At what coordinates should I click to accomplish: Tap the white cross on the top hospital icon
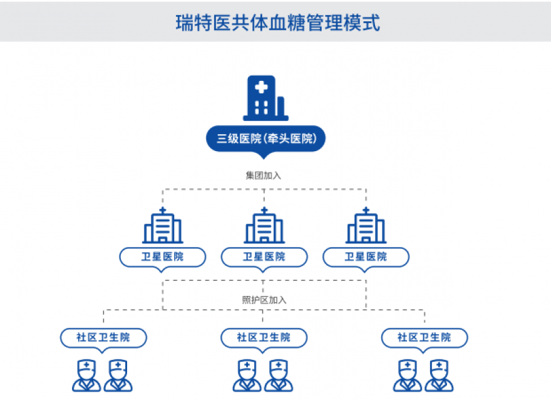tap(259, 88)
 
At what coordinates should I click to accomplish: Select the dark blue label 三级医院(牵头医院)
tap(265, 139)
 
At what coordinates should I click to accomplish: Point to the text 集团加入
tap(264, 176)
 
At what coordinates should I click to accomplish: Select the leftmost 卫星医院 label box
tap(163, 256)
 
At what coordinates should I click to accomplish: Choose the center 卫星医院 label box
tap(264, 256)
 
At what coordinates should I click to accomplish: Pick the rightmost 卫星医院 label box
tap(366, 256)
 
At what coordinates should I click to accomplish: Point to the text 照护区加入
tap(264, 300)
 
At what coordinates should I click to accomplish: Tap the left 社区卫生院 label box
tap(104, 337)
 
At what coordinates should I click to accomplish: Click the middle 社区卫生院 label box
tap(264, 337)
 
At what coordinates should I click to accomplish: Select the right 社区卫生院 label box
tap(425, 337)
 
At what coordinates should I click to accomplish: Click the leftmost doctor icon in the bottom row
tap(86, 376)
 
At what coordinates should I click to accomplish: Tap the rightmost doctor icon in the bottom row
tap(440, 376)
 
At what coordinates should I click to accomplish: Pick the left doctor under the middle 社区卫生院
tap(247, 376)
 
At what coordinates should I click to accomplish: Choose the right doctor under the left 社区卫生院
tap(118, 376)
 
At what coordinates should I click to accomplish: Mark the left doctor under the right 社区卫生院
tap(408, 376)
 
